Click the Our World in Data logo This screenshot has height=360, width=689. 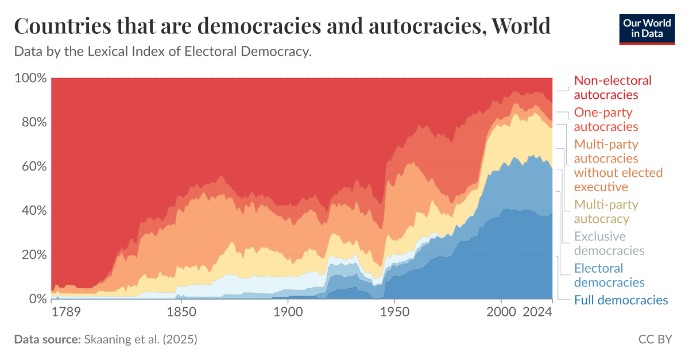(x=647, y=28)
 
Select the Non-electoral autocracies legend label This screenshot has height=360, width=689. (x=613, y=87)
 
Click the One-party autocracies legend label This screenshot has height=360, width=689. (x=606, y=119)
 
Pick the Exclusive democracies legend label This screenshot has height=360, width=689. (x=609, y=243)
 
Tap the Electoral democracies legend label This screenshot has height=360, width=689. (x=609, y=275)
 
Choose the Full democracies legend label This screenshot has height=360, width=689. (x=621, y=300)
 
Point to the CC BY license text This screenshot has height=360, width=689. (x=655, y=339)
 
